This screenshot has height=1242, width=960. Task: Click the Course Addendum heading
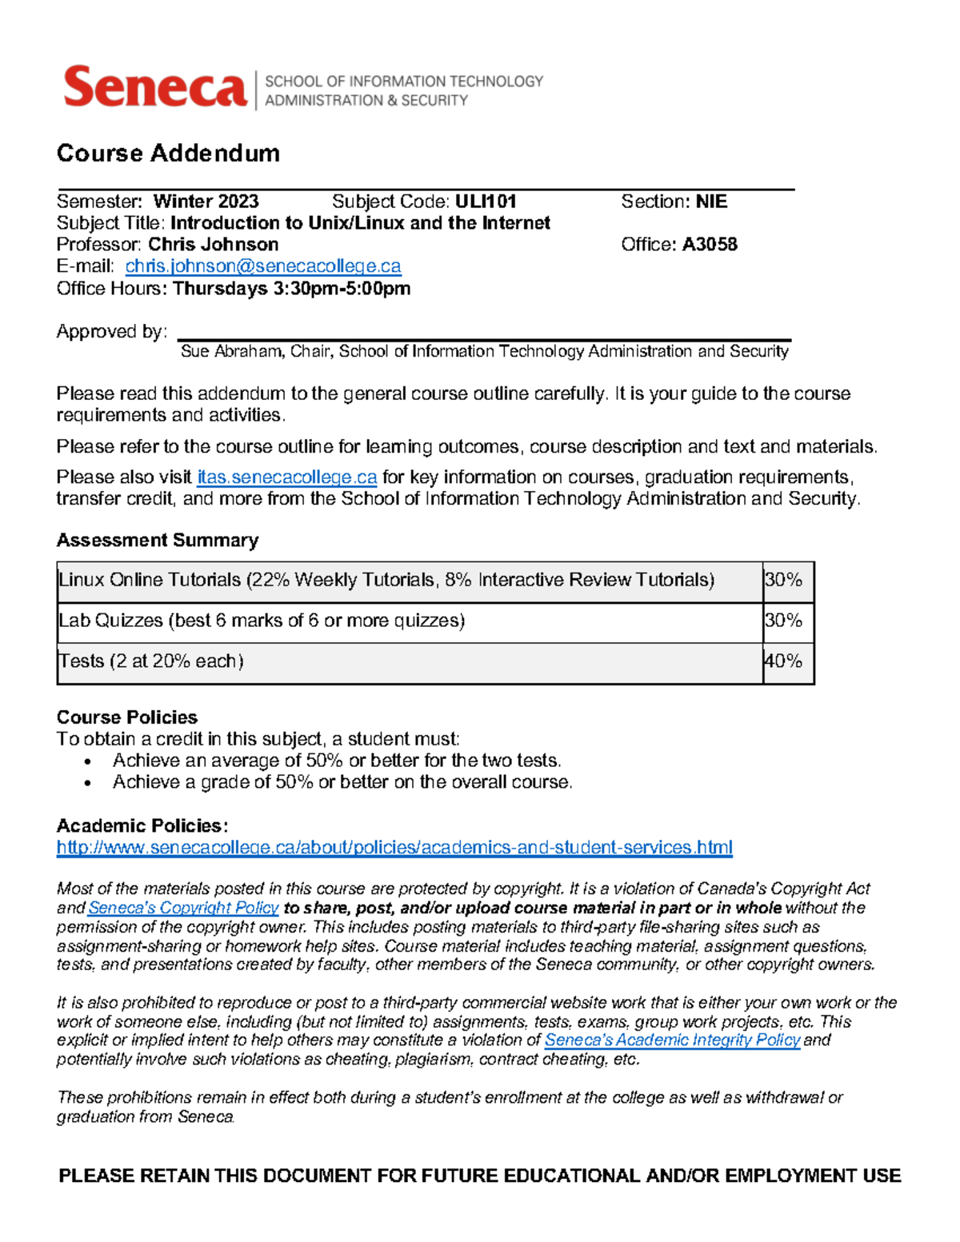tap(168, 153)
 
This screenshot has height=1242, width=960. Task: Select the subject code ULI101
tap(486, 202)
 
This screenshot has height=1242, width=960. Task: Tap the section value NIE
tap(711, 202)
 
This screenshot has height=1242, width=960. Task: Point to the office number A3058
tap(709, 245)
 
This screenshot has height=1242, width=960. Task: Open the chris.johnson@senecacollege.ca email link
tap(263, 266)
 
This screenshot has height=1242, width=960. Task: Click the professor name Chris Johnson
tap(214, 245)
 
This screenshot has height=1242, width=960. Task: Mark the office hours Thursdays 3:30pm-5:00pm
tap(291, 289)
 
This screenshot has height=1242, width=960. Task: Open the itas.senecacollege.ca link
tap(286, 477)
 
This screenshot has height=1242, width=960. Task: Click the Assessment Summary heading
tap(158, 541)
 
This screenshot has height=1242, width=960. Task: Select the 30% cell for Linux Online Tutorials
tap(784, 580)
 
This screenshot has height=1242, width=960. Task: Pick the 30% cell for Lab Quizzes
tap(784, 621)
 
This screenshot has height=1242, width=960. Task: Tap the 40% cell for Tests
tap(784, 661)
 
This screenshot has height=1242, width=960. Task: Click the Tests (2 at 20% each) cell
tap(151, 661)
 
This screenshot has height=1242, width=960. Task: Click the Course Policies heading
tap(127, 717)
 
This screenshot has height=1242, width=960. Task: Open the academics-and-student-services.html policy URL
tap(394, 848)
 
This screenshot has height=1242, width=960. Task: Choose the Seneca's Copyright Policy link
tap(183, 908)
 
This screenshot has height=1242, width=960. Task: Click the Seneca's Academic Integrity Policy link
tap(672, 1040)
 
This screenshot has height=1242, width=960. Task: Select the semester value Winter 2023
tap(206, 202)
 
